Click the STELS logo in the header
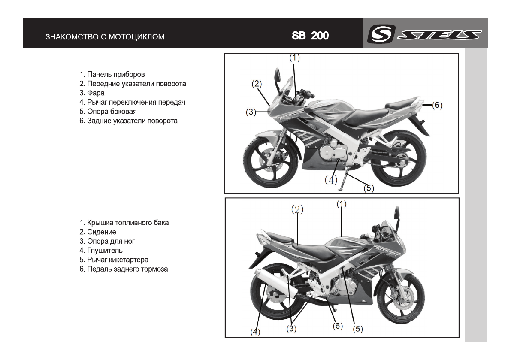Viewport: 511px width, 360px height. (x=425, y=34)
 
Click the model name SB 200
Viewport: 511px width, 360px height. (x=310, y=36)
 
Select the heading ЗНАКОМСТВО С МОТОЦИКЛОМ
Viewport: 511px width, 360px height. (x=105, y=37)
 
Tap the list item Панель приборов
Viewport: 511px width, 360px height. (x=112, y=74)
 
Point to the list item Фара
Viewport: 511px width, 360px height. (x=92, y=93)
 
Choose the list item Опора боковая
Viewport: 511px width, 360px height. (x=108, y=112)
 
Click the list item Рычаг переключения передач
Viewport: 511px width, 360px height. (x=132, y=102)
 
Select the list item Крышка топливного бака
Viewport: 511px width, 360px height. (x=124, y=223)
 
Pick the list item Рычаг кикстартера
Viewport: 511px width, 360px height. (x=114, y=260)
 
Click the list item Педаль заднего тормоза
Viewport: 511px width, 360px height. (x=124, y=269)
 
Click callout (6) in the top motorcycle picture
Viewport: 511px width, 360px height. (x=437, y=105)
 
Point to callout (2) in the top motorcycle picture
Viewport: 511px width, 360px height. (x=257, y=84)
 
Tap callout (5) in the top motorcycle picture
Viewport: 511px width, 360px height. (x=369, y=188)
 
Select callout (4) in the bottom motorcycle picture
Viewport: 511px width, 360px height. (x=255, y=332)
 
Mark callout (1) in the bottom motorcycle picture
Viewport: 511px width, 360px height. (x=342, y=204)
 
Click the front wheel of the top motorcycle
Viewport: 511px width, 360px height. (x=271, y=161)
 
